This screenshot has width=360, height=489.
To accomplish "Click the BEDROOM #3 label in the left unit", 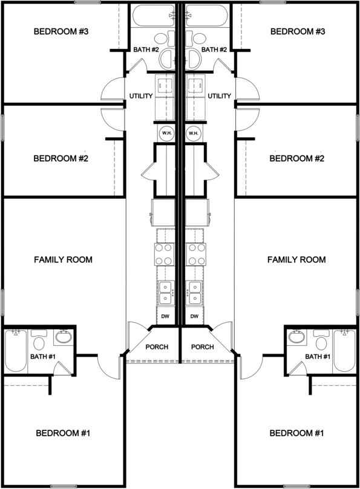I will click(61, 31).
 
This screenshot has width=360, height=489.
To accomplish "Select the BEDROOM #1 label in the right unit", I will click(297, 433).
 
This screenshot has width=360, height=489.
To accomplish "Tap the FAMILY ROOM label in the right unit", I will click(296, 260).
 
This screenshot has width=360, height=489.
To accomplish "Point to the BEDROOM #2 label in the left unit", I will click(61, 159).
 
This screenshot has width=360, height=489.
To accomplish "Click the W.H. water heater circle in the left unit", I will click(166, 133).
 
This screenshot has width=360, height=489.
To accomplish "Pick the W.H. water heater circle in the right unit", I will click(194, 133).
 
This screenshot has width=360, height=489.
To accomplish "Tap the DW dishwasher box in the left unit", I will click(165, 316).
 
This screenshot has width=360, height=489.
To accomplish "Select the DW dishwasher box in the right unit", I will click(194, 316).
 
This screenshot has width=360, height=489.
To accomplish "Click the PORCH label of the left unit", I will click(157, 347).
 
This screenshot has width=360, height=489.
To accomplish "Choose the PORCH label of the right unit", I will click(202, 347).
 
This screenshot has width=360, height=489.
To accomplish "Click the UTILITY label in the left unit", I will click(141, 96).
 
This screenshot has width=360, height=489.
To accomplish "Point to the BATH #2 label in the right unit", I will click(214, 50).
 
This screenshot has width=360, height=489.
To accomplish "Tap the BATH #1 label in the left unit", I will click(43, 357).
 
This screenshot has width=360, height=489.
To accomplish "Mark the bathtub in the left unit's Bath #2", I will click(154, 16).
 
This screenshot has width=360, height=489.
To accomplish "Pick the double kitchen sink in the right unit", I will click(194, 293).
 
